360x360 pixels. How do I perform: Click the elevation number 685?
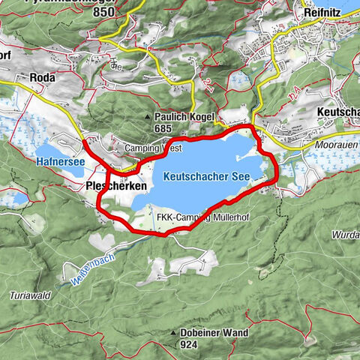(x=165, y=129)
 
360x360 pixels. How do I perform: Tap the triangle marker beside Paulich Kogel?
(x=147, y=118)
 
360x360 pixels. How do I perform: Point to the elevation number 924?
(x=189, y=345)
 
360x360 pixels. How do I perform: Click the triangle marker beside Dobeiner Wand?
(x=173, y=333)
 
